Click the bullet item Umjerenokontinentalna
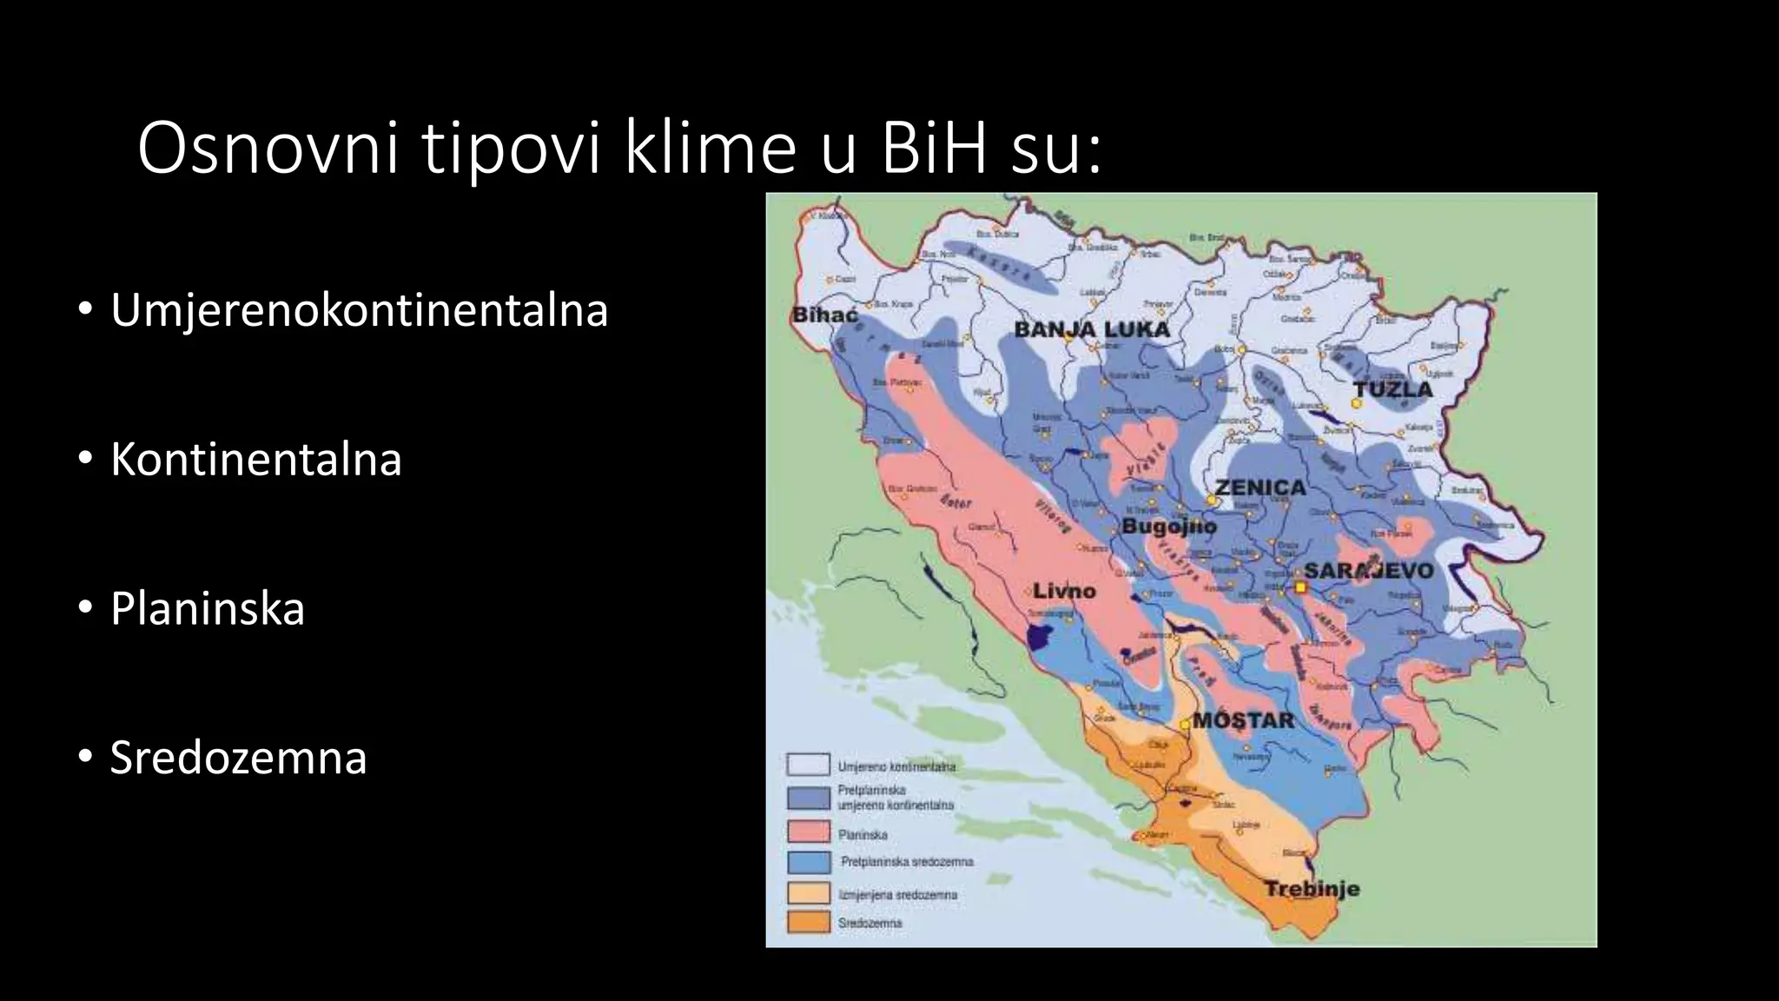coord(359,310)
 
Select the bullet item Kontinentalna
coord(255,460)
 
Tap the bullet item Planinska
coord(207,608)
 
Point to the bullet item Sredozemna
coord(238,757)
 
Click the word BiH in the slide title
coord(934,149)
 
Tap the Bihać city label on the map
coord(825,315)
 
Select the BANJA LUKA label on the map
coord(1092,329)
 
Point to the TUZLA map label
coord(1393,389)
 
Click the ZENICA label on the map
coord(1260,487)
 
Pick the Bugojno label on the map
coord(1169,526)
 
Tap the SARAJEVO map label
coord(1369,570)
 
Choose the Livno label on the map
coord(1064,591)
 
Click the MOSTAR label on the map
coord(1243,720)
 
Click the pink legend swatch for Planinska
coord(808,832)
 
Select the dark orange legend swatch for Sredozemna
coord(808,921)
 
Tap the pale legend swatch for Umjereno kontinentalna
coord(808,765)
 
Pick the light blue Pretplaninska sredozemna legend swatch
coord(808,861)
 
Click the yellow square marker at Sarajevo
coord(1300,587)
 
